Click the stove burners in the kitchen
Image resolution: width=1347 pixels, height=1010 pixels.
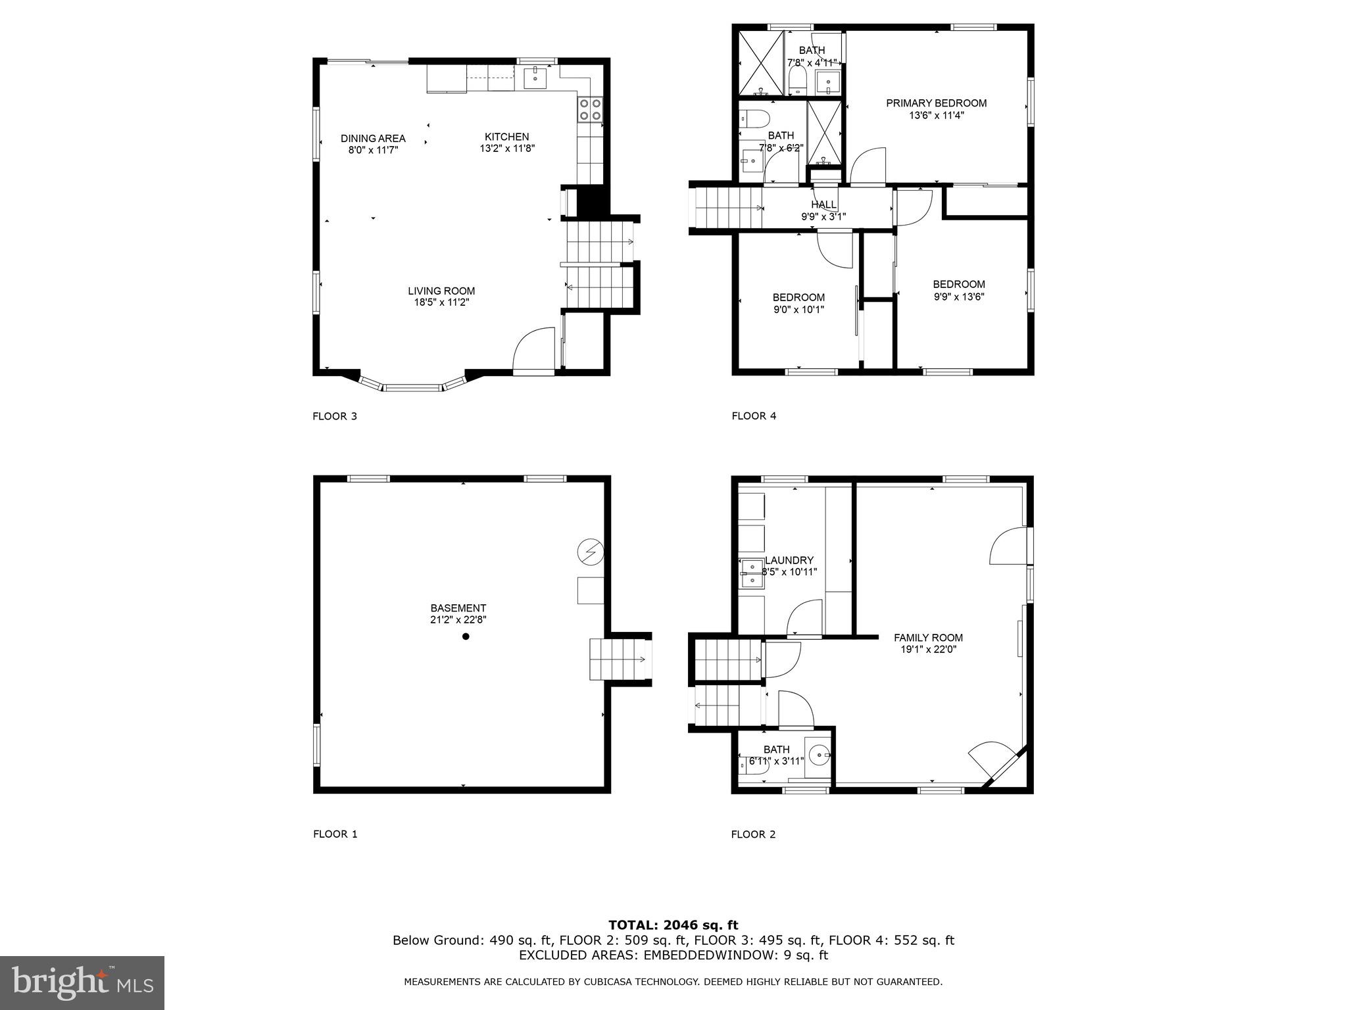[590, 109]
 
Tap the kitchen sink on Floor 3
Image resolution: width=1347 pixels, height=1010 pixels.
[535, 78]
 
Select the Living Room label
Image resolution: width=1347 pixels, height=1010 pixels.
[441, 291]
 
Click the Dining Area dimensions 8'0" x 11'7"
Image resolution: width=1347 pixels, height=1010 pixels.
[373, 150]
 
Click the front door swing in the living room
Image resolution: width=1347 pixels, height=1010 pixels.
[533, 349]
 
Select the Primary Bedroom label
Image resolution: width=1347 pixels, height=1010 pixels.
[936, 103]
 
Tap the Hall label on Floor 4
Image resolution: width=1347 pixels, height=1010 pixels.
[823, 205]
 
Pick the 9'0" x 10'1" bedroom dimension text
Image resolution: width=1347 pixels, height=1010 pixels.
[798, 310]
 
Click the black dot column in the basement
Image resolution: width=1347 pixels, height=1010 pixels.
[466, 636]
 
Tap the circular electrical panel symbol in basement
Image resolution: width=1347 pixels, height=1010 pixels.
[589, 552]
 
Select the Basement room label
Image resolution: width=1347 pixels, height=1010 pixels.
[458, 608]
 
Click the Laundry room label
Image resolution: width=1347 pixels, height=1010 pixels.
[789, 560]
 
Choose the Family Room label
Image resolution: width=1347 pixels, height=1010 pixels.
[928, 638]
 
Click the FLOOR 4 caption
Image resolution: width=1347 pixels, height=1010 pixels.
[754, 416]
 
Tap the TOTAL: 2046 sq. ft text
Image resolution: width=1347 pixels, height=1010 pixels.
[673, 925]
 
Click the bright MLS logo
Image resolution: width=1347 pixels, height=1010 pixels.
[82, 982]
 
